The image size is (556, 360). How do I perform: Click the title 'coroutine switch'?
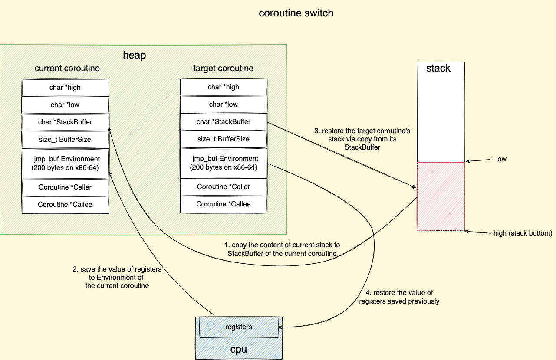coord(296,13)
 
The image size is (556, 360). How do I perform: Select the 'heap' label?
coord(135,55)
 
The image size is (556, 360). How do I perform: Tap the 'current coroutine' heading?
coord(67,69)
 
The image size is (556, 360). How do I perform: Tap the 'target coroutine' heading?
coord(223,69)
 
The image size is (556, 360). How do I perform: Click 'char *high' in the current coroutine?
coord(65,88)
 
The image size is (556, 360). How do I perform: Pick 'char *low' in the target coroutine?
coord(224,105)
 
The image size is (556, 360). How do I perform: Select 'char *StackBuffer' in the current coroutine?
coord(65,122)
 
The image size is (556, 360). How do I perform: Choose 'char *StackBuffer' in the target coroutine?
coord(224,122)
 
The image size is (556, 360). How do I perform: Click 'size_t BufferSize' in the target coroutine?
coord(224,139)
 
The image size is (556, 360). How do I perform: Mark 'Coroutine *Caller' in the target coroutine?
coord(224,187)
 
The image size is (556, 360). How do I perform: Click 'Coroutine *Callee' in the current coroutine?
coord(65,205)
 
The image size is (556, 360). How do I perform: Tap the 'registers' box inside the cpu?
coord(238,327)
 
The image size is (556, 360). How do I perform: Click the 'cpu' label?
coord(238,350)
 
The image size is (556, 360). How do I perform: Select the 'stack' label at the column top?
coord(438,69)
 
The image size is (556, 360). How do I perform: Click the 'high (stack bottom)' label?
coord(523,233)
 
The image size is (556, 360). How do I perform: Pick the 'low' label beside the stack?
coord(501,159)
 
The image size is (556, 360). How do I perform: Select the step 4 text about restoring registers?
coord(399,297)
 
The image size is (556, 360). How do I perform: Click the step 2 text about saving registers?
coord(117,278)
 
